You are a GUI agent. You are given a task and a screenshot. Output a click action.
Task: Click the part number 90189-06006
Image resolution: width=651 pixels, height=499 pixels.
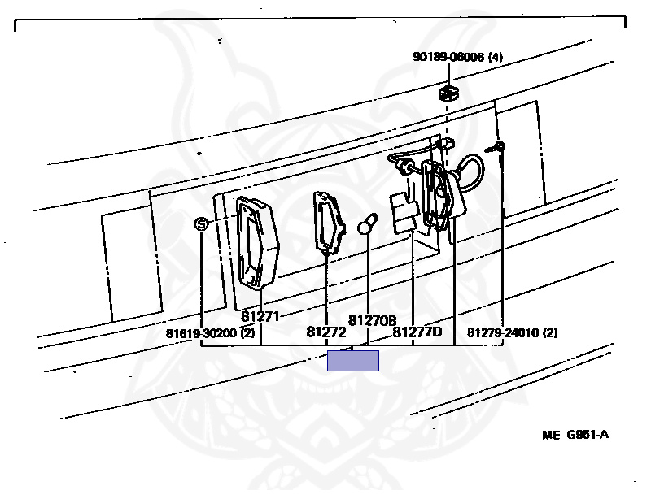(x=448, y=57)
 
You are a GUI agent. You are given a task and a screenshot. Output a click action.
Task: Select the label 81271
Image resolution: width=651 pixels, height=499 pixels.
(x=260, y=316)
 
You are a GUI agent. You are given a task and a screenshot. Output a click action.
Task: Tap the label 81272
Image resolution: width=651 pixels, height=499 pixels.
(x=326, y=332)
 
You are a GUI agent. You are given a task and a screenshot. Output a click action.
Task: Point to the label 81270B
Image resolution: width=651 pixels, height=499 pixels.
(x=372, y=321)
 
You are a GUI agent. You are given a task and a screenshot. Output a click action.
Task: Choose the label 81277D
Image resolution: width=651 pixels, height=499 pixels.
(x=417, y=332)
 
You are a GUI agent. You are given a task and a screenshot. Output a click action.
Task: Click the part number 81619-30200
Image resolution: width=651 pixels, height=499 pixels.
(x=200, y=332)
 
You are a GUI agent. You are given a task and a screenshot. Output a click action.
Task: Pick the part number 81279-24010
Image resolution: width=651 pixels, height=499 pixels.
(x=504, y=332)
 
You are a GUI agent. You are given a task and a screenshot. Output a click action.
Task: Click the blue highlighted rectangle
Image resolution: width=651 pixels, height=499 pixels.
(x=353, y=361)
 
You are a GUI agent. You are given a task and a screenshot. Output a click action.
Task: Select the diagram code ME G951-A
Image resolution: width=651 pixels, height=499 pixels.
(x=575, y=434)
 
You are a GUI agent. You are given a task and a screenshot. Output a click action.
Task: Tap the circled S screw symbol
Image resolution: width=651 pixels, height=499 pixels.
(x=202, y=223)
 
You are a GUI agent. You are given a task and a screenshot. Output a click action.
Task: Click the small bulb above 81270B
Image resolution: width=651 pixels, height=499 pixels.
(x=368, y=223)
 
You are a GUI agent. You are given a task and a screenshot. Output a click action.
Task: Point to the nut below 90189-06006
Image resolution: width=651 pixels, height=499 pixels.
(x=447, y=91)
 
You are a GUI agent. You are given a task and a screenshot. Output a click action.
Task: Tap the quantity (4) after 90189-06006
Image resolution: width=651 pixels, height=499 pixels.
(x=495, y=57)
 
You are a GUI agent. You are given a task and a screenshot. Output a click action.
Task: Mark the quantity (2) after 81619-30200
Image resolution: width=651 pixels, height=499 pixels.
(x=247, y=332)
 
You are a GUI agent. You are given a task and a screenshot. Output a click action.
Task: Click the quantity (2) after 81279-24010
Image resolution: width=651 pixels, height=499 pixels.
(x=550, y=332)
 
